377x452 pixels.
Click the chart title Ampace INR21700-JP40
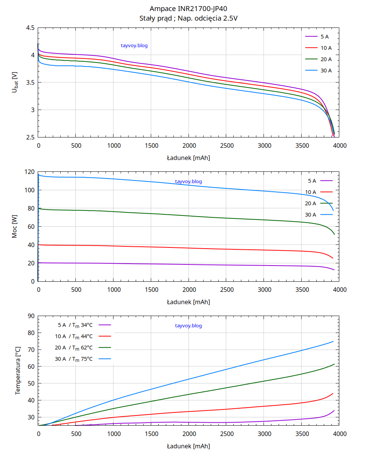(x=188, y=9)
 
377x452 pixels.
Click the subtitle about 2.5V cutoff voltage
(x=188, y=18)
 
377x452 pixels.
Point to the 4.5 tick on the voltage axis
(x=31, y=28)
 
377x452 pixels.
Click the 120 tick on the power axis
(x=30, y=172)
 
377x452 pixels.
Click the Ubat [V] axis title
(x=15, y=82)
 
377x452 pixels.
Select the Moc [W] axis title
(x=15, y=227)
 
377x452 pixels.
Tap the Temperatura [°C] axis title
(x=17, y=371)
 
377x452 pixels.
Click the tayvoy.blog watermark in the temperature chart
(x=188, y=326)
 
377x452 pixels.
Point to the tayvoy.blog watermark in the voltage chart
(x=134, y=46)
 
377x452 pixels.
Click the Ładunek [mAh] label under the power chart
(x=188, y=302)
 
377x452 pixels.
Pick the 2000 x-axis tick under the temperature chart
(x=189, y=434)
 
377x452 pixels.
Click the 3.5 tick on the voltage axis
(x=31, y=82)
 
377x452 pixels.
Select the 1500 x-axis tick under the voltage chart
(x=151, y=146)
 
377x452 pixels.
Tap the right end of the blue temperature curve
(x=333, y=342)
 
